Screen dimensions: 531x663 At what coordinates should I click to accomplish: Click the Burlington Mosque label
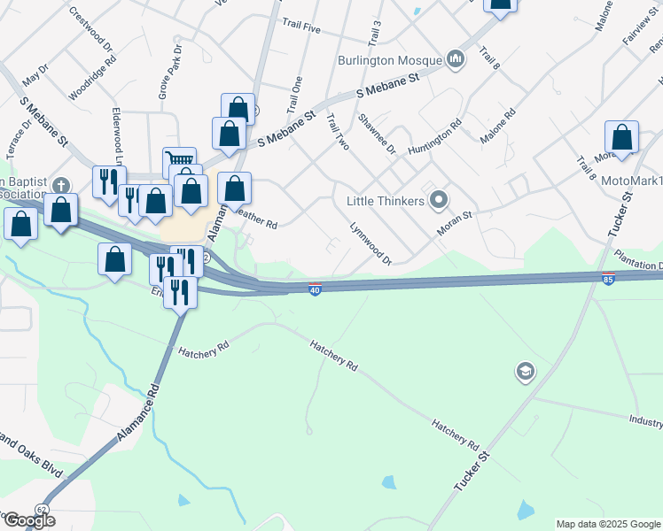(x=389, y=60)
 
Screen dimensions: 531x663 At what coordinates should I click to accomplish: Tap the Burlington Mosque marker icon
(x=456, y=59)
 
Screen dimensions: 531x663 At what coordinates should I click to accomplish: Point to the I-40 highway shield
(x=315, y=289)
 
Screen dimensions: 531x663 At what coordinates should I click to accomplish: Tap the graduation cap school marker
(x=525, y=372)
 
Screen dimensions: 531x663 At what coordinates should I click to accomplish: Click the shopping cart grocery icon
(x=180, y=160)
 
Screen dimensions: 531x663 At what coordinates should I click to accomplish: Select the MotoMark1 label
(x=631, y=181)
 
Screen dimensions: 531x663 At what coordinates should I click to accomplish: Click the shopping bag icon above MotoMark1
(x=621, y=137)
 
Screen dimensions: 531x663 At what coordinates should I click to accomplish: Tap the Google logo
(x=28, y=520)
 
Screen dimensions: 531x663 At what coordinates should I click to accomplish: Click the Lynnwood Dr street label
(x=370, y=242)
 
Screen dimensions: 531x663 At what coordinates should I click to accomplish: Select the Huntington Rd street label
(x=435, y=138)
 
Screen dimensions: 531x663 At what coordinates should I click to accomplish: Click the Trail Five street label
(x=300, y=27)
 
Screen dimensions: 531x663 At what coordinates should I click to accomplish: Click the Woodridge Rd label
(x=91, y=78)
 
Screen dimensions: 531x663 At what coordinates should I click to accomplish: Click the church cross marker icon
(x=60, y=185)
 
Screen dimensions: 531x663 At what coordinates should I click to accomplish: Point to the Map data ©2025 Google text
(x=608, y=524)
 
